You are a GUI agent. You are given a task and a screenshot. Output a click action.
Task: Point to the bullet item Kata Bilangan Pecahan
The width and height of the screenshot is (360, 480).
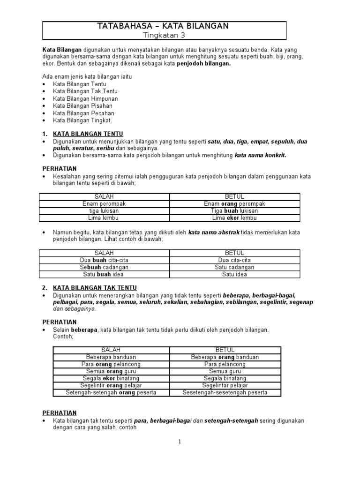coord(83,113)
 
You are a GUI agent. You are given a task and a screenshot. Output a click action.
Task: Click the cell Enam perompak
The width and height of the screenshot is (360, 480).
coord(104,204)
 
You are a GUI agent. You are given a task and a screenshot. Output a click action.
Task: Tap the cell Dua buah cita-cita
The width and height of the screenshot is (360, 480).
coord(104,260)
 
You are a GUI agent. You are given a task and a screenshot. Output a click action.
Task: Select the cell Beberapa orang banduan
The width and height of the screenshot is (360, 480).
coord(225,357)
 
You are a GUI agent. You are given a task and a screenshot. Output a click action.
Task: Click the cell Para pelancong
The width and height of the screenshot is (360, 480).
coord(225,364)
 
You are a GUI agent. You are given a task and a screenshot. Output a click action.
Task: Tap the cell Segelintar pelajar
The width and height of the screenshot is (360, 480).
coord(225,385)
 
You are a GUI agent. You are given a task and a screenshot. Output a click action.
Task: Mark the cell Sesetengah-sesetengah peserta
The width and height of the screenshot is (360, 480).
coord(225,392)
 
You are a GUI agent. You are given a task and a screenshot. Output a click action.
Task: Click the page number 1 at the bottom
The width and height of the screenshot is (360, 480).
coord(180,442)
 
